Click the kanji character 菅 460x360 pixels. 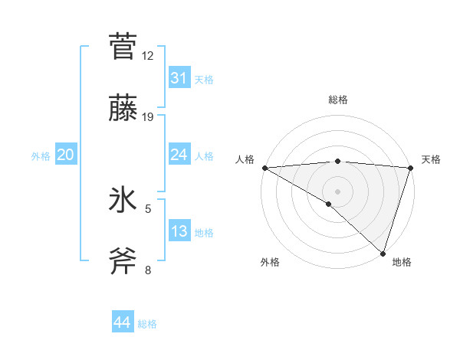tap(123, 46)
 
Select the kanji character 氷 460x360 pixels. tap(123, 200)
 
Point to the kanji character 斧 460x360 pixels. tap(123, 261)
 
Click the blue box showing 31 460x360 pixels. tap(179, 78)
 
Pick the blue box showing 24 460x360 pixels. tap(179, 155)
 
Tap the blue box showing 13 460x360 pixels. tap(179, 231)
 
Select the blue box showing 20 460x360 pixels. tap(65, 155)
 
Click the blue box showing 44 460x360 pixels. tap(122, 323)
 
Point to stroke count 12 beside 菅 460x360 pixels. tap(148, 56)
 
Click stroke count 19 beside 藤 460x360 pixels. tap(148, 117)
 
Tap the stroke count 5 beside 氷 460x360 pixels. tap(148, 208)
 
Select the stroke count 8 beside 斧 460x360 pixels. tap(148, 270)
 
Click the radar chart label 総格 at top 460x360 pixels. tap(337, 100)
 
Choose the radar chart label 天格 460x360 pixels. tap(431, 159)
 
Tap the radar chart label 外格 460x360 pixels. tap(270, 262)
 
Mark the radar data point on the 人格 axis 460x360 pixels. tap(264, 168)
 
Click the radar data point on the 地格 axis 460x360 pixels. tap(383, 253)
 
